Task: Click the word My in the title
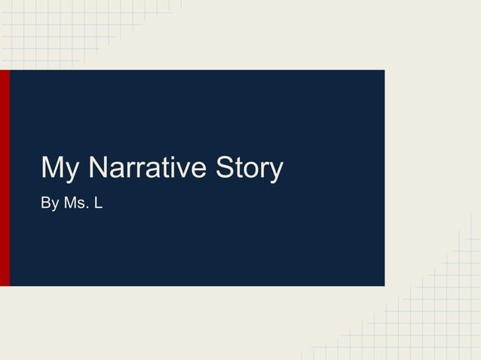(x=63, y=169)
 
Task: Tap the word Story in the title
(x=249, y=169)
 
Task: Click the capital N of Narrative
(x=99, y=167)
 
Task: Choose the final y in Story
(x=275, y=172)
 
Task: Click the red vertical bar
(x=5, y=178)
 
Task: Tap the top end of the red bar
(x=5, y=72)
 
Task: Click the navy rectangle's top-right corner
(x=384, y=71)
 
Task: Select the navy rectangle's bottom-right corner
(x=384, y=285)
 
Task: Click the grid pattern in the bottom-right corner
(x=437, y=324)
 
